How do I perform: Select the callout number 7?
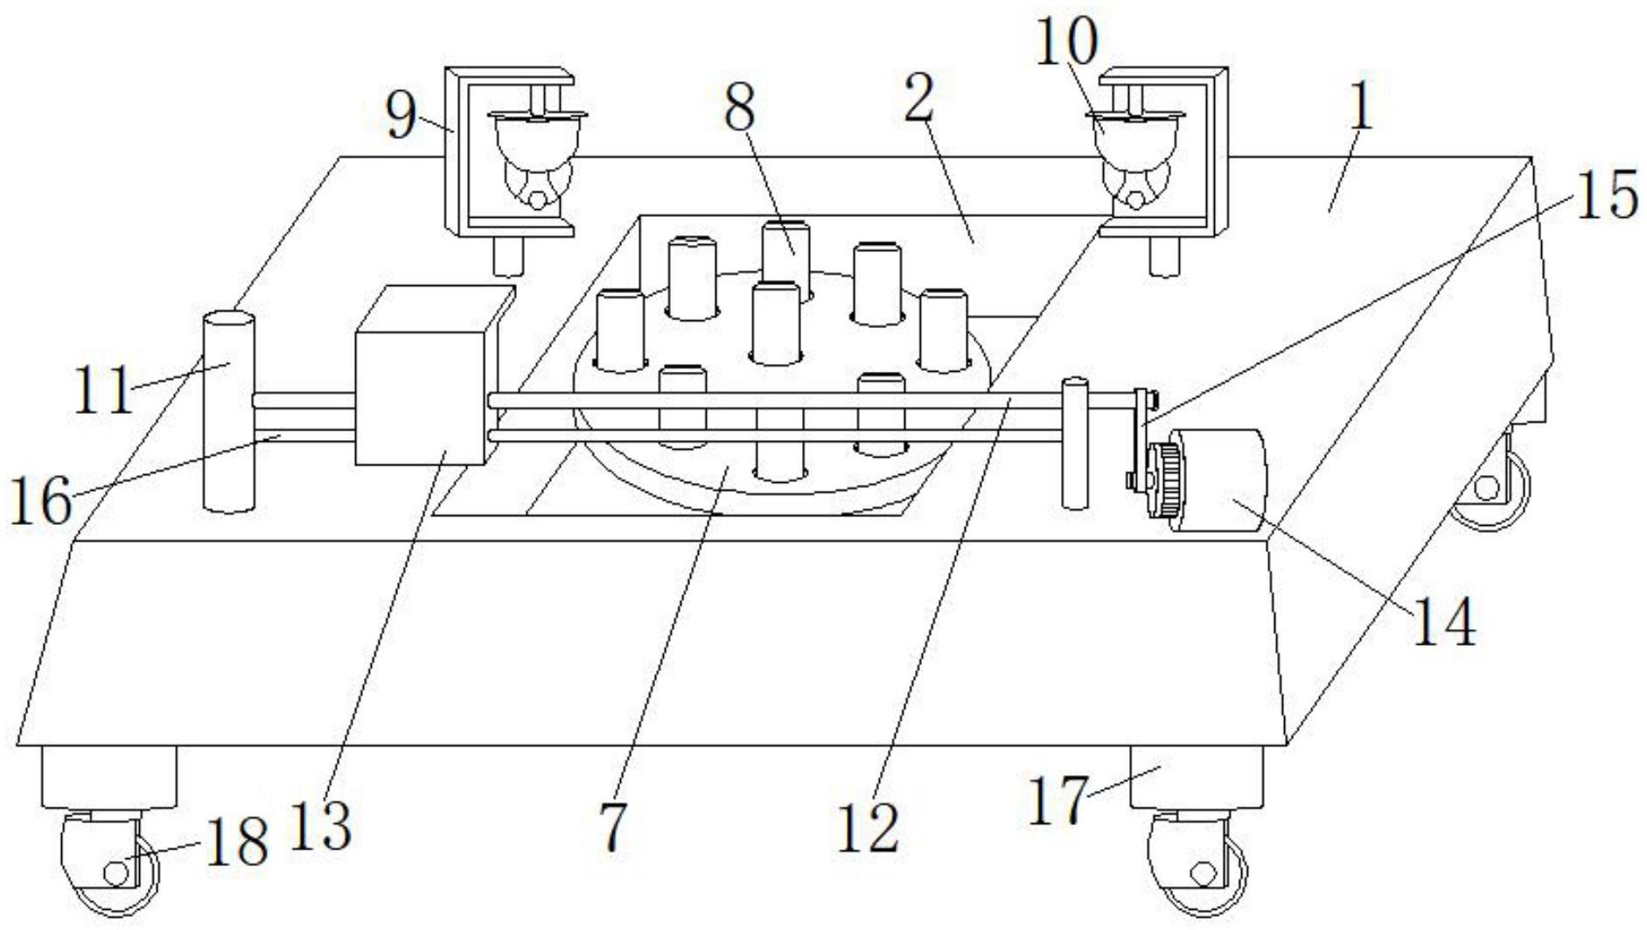point(613,827)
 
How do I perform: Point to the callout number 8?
point(740,108)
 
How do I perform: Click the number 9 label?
point(401,115)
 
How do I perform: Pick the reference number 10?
point(1066,41)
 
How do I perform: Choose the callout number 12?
point(868,828)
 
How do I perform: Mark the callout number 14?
point(1444,622)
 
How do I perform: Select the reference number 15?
point(1608,193)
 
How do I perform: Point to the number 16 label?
point(41,501)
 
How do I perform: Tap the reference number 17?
point(1058,801)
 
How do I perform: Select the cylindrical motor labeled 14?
point(1218,480)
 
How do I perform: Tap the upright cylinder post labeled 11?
point(229,411)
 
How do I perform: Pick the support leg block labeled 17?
point(1196,778)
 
